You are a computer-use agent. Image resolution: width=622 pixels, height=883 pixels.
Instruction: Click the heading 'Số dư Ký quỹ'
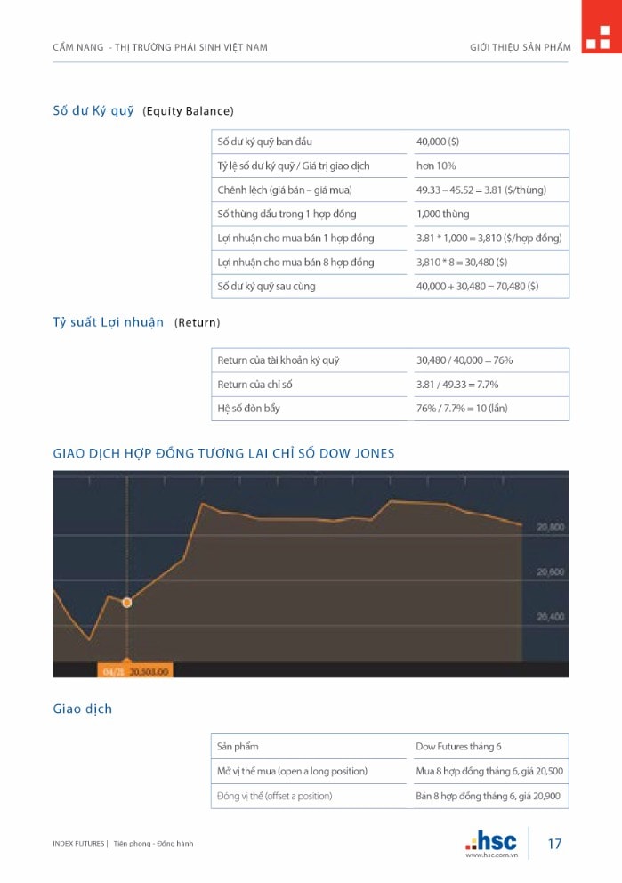click(93, 110)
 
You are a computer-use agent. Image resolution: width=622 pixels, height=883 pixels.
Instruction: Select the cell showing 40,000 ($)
click(438, 142)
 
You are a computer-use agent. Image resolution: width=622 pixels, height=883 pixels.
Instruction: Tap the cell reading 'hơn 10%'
click(436, 166)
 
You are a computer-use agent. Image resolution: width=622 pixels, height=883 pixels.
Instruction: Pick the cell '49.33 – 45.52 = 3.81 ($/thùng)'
click(481, 190)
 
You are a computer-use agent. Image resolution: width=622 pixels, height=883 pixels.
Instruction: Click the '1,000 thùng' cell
click(442, 214)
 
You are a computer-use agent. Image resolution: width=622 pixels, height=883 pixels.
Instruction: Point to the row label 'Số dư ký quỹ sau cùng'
click(266, 286)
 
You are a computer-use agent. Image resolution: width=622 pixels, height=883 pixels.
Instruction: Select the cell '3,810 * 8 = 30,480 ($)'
click(462, 262)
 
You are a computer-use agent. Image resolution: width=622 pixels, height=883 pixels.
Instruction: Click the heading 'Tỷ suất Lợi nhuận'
click(109, 322)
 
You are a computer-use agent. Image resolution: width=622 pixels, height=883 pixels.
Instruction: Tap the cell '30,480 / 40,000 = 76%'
click(464, 360)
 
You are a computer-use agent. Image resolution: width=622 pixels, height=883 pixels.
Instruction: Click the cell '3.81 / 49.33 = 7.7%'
click(457, 385)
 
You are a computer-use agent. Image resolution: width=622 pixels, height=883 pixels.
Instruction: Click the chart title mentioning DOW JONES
click(224, 453)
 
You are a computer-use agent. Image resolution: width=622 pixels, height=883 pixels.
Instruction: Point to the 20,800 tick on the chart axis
click(550, 527)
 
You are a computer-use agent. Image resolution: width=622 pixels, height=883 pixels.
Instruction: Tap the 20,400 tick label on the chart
click(550, 616)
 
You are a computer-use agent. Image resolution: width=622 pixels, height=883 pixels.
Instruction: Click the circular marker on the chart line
click(126, 603)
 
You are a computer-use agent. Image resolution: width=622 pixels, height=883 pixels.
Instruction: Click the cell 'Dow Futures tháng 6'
click(458, 746)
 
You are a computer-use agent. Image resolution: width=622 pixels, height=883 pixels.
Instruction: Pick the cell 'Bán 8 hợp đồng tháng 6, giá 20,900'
click(489, 796)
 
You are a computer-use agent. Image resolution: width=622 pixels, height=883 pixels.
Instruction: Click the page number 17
click(554, 844)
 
